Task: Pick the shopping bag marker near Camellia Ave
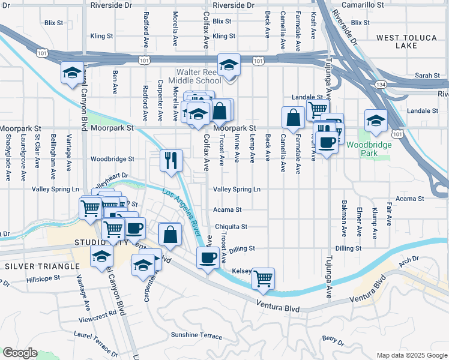[292, 118]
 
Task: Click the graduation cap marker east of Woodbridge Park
[376, 121]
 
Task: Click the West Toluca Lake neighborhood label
[406, 42]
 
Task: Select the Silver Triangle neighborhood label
[41, 266]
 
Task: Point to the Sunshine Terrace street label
[196, 335]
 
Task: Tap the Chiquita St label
[232, 227]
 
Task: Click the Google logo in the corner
[20, 353]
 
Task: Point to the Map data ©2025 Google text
[412, 355]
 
